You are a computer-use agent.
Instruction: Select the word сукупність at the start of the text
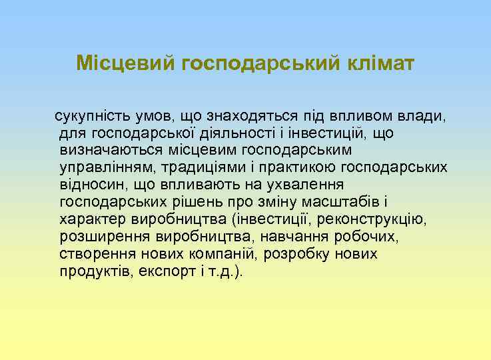(x=89, y=116)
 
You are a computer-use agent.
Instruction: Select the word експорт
(x=171, y=272)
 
